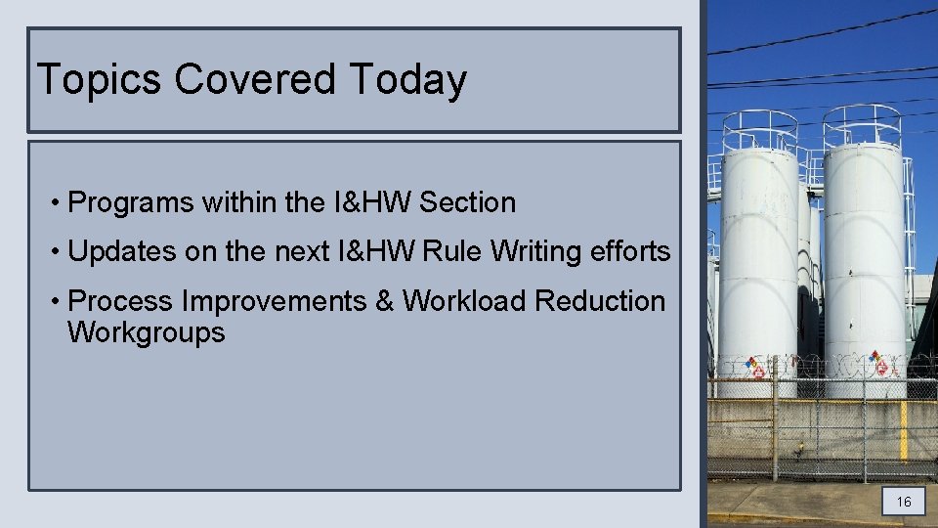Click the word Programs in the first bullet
click(132, 203)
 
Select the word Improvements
click(274, 301)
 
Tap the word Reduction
click(601, 301)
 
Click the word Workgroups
click(146, 332)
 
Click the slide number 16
click(904, 503)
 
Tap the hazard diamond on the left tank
click(752, 367)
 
